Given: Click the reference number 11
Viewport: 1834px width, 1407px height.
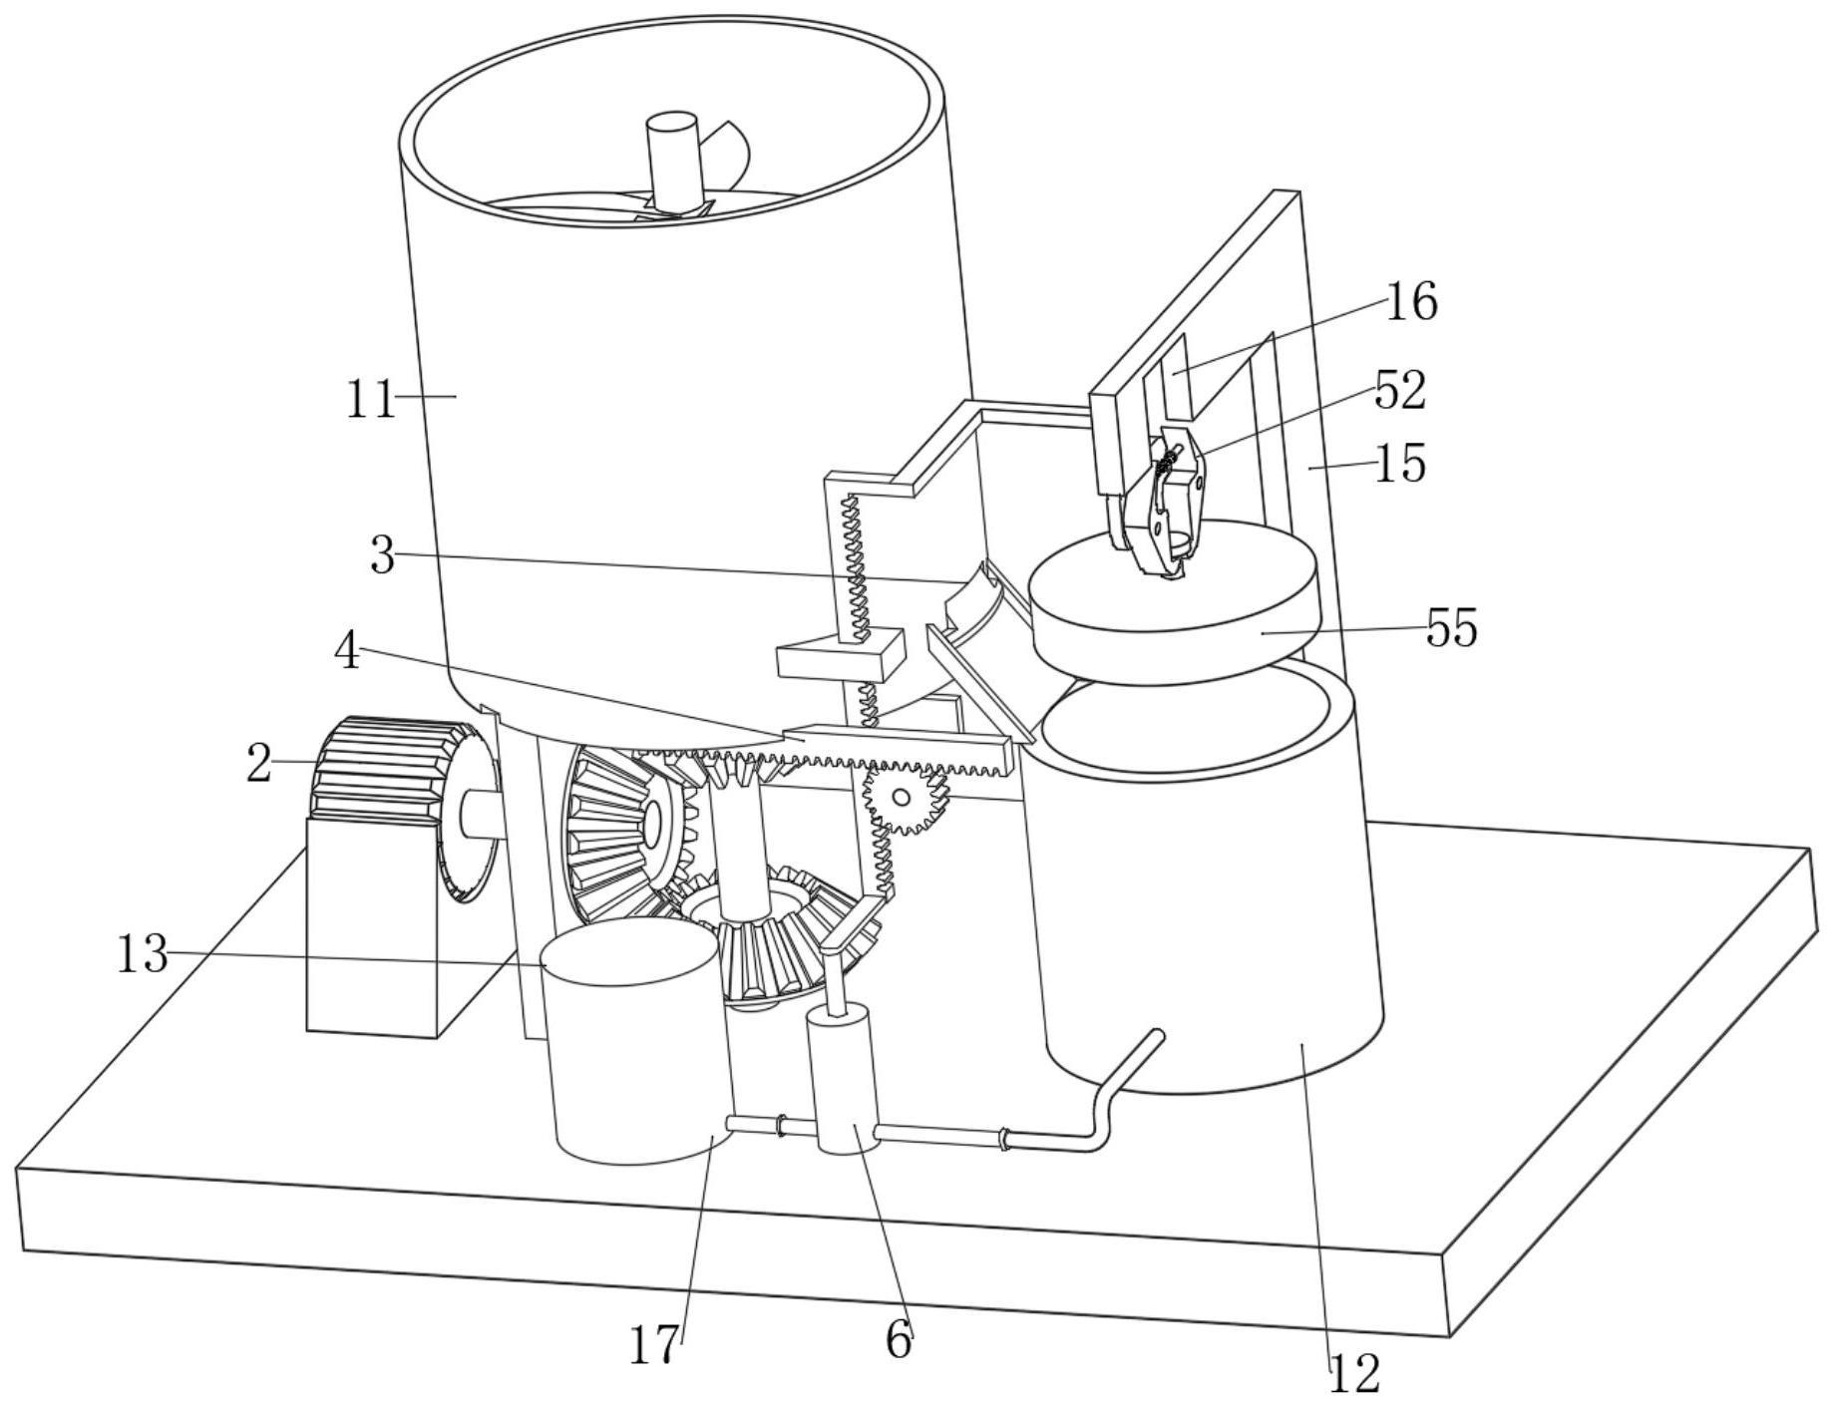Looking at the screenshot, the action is click(x=370, y=400).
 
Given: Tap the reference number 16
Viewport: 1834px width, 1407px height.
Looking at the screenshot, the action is click(x=1412, y=301).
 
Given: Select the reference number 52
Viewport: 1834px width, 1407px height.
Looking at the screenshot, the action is click(x=1400, y=391).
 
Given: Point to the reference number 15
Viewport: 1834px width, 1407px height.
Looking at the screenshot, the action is click(x=1400, y=464).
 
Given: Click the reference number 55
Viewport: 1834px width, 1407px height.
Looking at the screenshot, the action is click(x=1451, y=628).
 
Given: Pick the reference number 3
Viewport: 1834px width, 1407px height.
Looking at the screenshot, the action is click(x=382, y=555).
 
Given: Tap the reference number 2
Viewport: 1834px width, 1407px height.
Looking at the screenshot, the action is click(x=258, y=764).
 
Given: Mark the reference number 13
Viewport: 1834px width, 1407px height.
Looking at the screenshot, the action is click(x=142, y=954).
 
